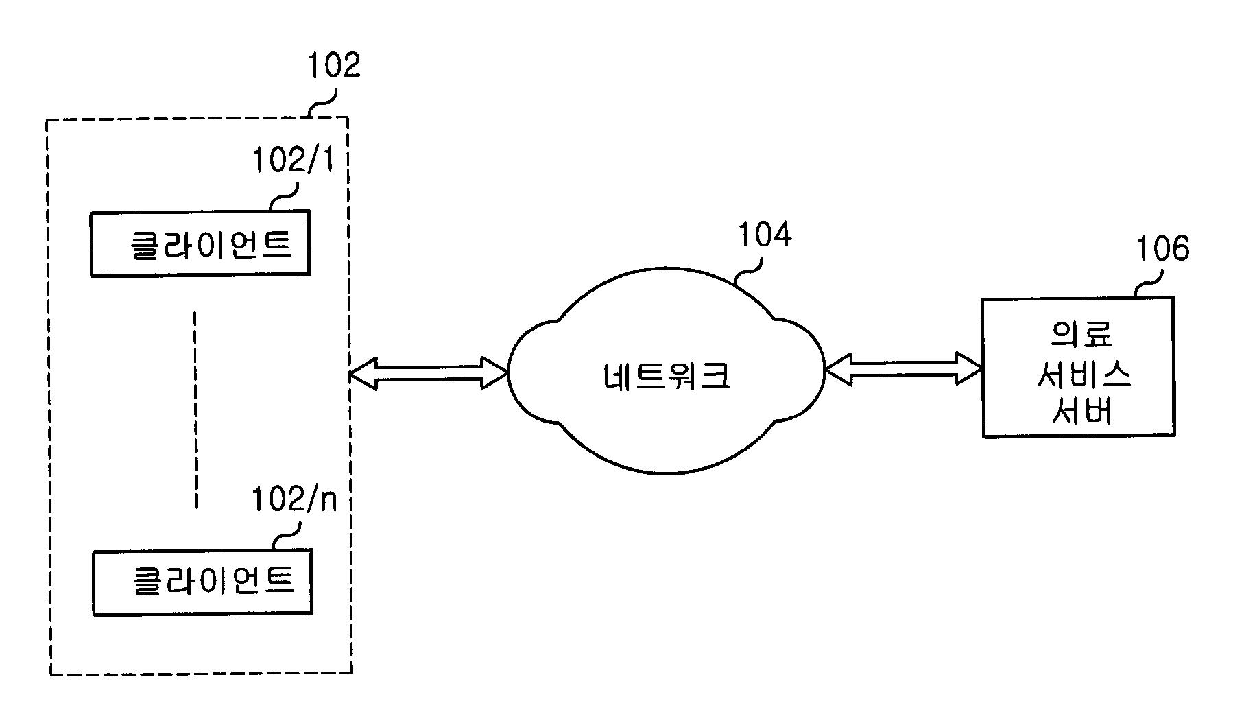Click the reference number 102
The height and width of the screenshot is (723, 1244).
point(333,66)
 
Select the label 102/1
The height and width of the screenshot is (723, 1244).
point(293,161)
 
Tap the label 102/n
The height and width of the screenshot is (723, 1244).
point(294,500)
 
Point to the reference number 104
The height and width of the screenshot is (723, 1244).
point(764,235)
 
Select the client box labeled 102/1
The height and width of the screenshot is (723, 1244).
point(200,244)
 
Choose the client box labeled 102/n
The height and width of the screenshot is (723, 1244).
point(202,582)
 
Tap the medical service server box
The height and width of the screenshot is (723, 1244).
point(1077,367)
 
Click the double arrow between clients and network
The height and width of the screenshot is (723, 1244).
point(429,373)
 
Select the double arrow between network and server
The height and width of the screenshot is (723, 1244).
point(902,368)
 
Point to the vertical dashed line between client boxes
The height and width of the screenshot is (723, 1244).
point(195,410)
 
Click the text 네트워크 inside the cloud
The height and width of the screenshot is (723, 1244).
point(667,375)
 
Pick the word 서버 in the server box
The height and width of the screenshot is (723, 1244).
point(1082,411)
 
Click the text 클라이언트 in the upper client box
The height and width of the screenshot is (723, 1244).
point(211,244)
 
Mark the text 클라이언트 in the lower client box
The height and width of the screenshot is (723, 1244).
point(213,580)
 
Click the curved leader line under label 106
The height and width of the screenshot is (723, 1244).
point(1148,283)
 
